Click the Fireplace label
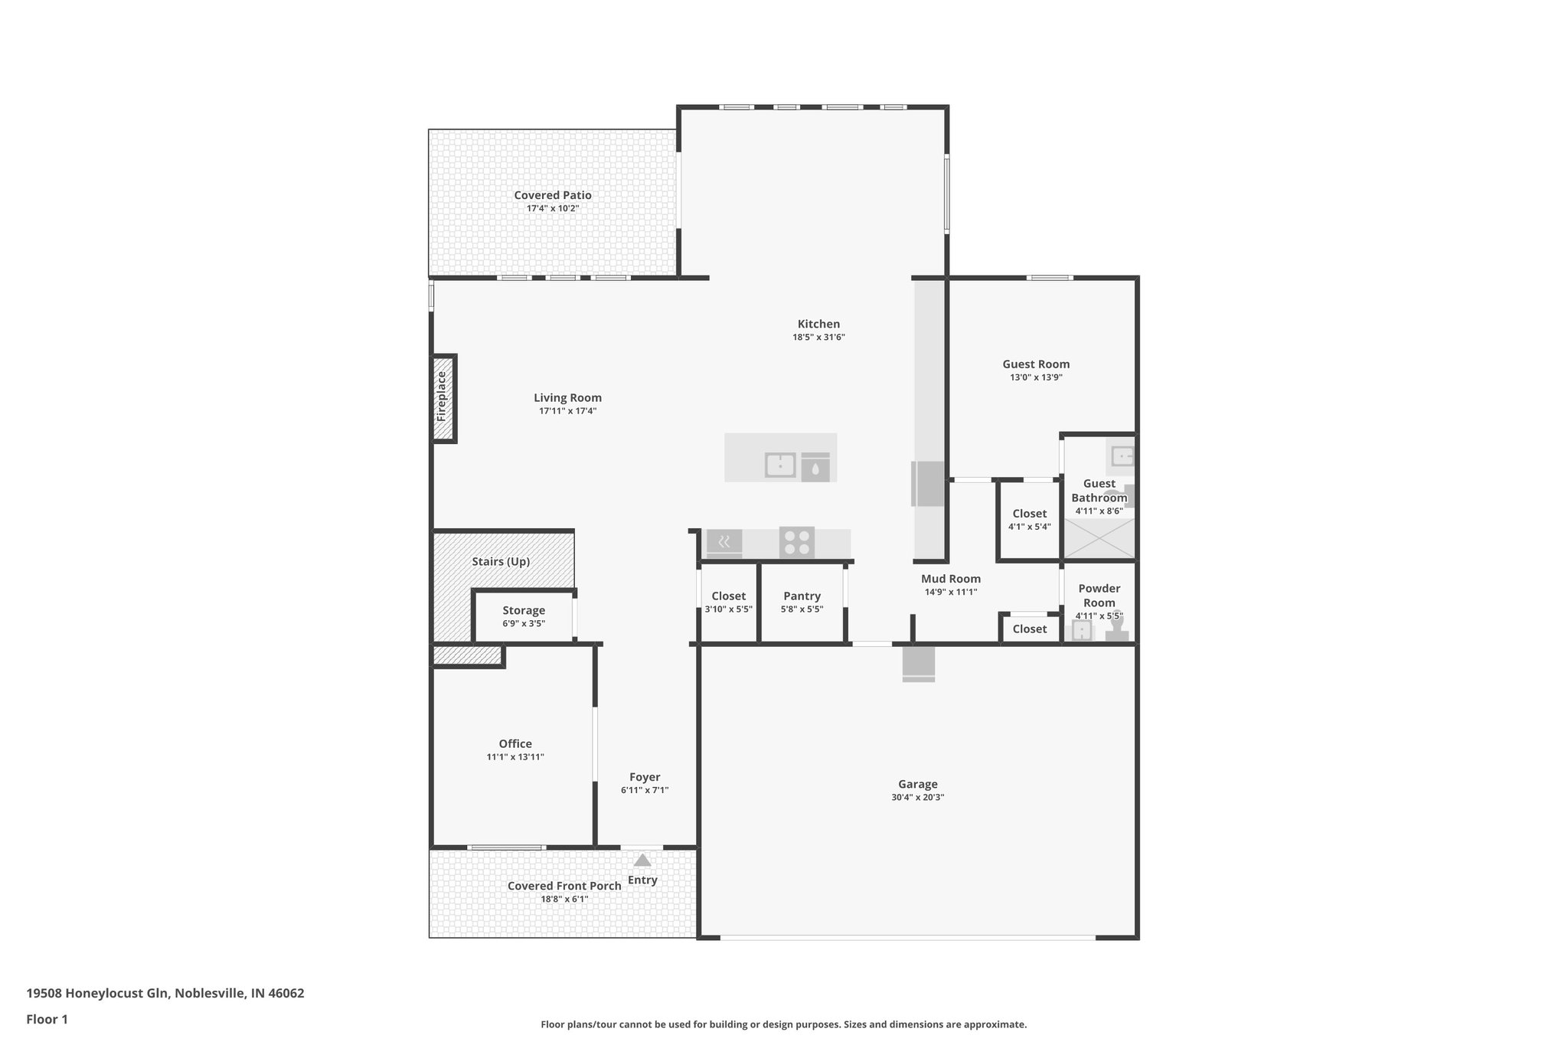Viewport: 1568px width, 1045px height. (x=441, y=397)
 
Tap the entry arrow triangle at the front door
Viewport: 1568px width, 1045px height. (x=642, y=860)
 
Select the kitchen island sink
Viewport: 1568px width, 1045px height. (x=780, y=465)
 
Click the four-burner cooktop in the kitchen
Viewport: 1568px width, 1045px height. (x=796, y=543)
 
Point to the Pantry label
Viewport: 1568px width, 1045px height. (x=802, y=596)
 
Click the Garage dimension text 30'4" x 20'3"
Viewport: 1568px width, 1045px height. (x=917, y=797)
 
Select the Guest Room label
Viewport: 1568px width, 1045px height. (x=1036, y=364)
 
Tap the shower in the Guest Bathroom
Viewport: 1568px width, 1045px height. (x=1099, y=537)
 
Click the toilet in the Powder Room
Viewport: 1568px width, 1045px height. (x=1117, y=630)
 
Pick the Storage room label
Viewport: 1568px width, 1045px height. (x=524, y=610)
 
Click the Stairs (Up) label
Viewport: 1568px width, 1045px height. (x=501, y=561)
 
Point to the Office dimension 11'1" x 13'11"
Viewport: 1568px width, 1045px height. (x=515, y=756)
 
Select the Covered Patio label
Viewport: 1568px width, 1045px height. (x=552, y=195)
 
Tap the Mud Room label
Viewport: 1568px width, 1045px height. (x=950, y=579)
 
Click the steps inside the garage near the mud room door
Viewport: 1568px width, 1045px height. (x=918, y=664)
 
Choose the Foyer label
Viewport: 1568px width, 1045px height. (x=645, y=777)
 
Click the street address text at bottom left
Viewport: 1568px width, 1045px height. (x=165, y=994)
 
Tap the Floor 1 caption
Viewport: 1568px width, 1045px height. (x=47, y=1019)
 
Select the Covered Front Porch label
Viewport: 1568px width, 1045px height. (x=564, y=886)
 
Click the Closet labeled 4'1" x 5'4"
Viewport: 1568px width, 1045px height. (x=1029, y=514)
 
